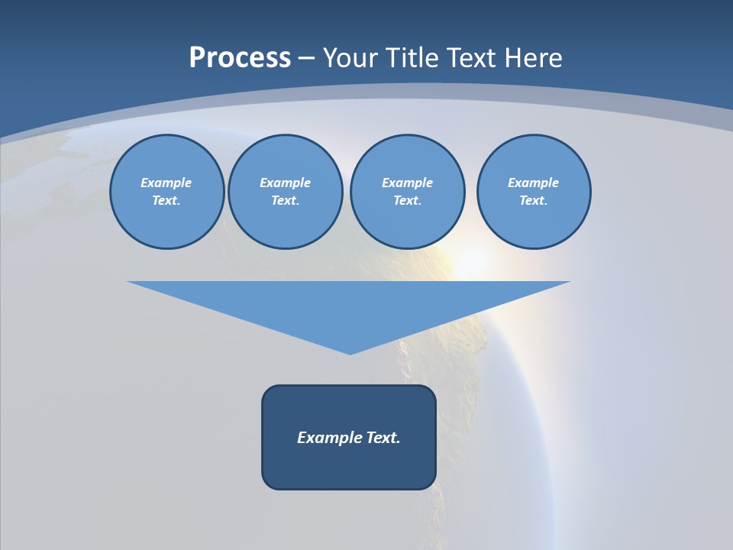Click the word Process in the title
point(240,58)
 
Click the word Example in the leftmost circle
point(166,183)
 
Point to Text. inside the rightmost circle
point(533,200)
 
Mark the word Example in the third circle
point(407,183)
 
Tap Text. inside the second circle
point(285,200)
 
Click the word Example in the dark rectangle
point(330,438)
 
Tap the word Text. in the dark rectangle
point(383,438)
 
